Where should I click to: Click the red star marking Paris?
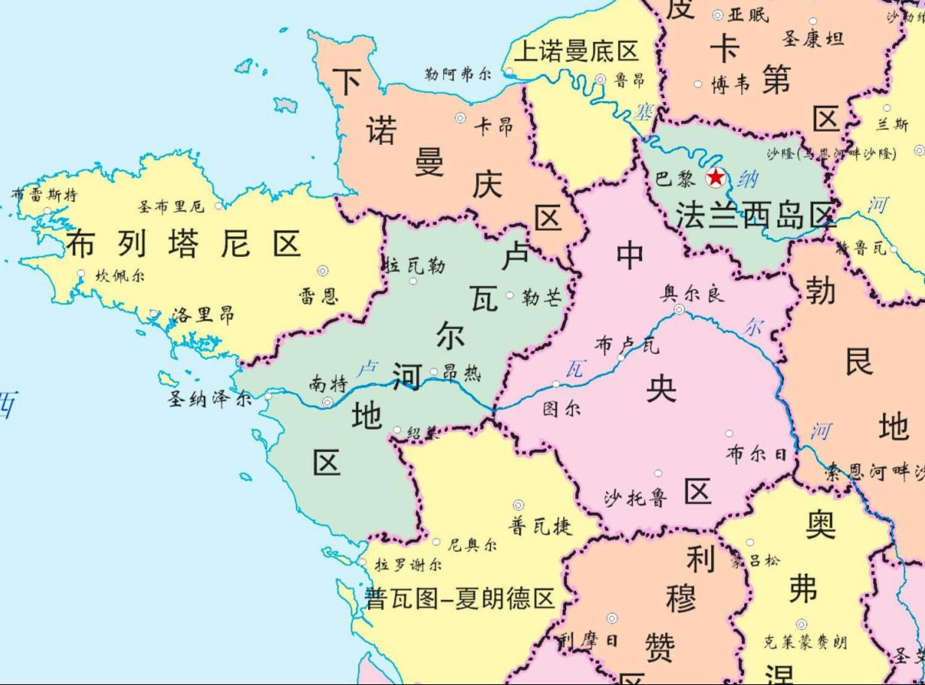coord(716,178)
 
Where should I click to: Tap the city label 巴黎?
coord(675,179)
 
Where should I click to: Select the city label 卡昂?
coord(493,126)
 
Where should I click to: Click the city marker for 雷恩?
coord(323,271)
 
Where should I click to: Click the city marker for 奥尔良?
coord(679,309)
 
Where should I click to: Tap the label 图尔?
coord(562,409)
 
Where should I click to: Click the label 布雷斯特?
coord(44,195)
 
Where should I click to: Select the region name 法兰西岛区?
coord(755,216)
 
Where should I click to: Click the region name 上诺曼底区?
coord(576,51)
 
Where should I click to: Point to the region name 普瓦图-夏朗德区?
coord(459,599)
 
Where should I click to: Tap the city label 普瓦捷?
coord(541,526)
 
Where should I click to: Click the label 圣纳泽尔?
coord(209,399)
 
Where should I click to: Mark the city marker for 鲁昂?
coord(601,79)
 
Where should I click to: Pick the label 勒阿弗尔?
coord(458,74)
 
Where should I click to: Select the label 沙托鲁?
coord(635,497)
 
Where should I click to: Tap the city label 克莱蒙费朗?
coord(805,642)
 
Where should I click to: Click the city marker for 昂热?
coord(434,372)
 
